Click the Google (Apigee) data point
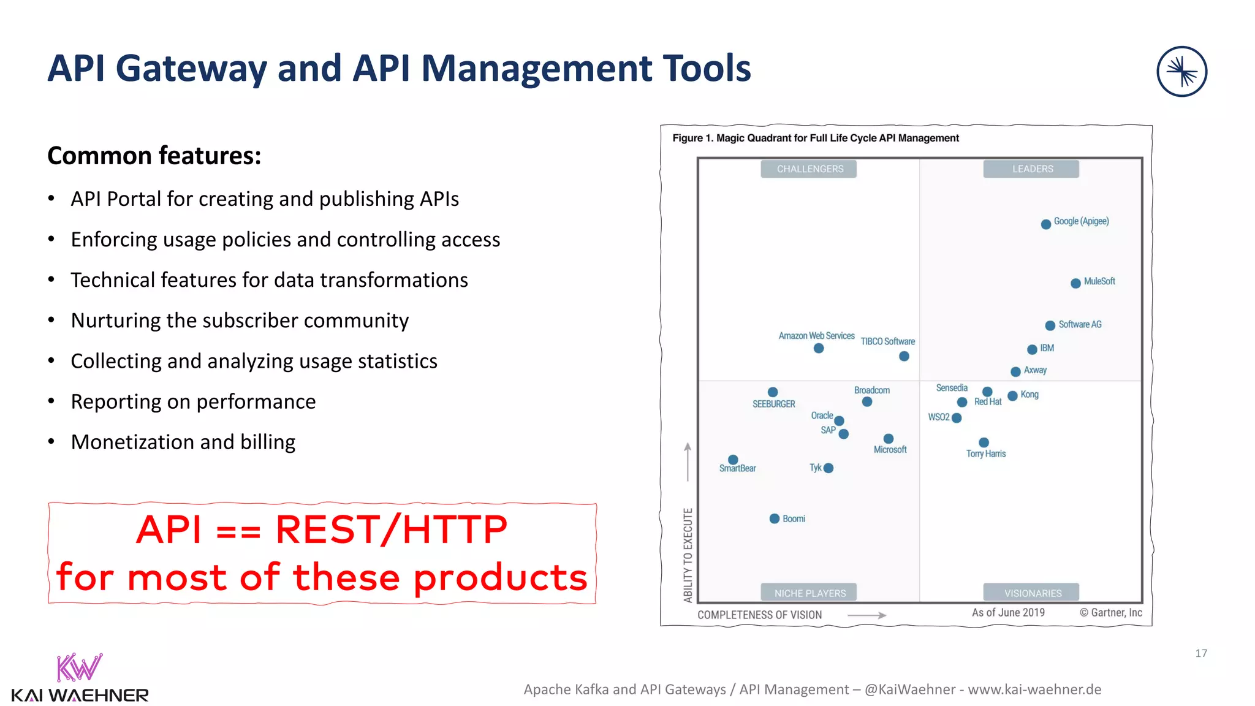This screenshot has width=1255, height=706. pyautogui.click(x=1046, y=224)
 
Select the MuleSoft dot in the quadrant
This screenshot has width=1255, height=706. pyautogui.click(x=1075, y=283)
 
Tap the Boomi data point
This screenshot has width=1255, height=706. pyautogui.click(x=775, y=518)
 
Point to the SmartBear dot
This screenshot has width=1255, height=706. pyautogui.click(x=733, y=460)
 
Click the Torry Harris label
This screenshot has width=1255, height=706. pyautogui.click(x=986, y=454)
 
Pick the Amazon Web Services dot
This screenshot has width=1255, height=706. pyautogui.click(x=819, y=348)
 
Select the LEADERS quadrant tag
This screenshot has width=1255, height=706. pyautogui.click(x=1032, y=169)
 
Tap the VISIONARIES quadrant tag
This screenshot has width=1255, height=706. pyautogui.click(x=1032, y=593)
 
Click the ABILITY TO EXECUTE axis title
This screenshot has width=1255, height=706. pyautogui.click(x=688, y=555)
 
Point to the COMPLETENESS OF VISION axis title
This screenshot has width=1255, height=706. pyautogui.click(x=759, y=615)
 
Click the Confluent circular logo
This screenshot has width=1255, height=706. pyautogui.click(x=1181, y=72)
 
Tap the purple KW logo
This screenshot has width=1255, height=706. pyautogui.click(x=79, y=668)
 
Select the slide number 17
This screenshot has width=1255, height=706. pyautogui.click(x=1201, y=653)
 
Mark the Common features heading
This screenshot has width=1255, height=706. pyautogui.click(x=154, y=156)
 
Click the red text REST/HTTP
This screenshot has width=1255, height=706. pyautogui.click(x=391, y=529)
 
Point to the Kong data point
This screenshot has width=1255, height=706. pyautogui.click(x=1013, y=396)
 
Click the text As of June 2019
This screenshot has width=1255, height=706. pyautogui.click(x=1008, y=612)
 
